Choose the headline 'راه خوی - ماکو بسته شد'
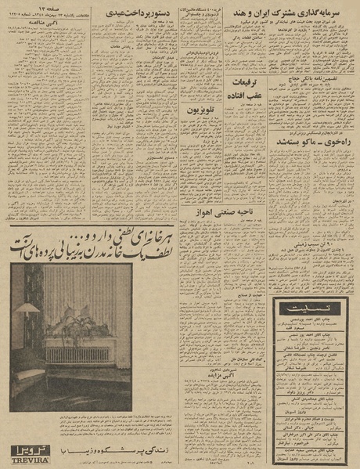click(313, 142)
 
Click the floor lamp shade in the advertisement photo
click(27, 308)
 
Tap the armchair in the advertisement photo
click(27, 384)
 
